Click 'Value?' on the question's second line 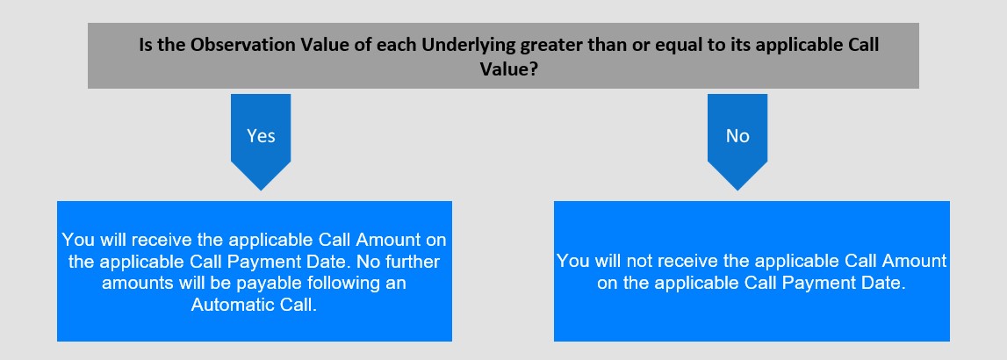tap(508, 68)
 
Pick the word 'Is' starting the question tap(146, 46)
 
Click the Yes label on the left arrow tap(261, 135)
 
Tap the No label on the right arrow tap(737, 135)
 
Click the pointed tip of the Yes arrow tap(261, 191)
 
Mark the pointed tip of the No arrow tap(737, 191)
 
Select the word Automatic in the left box tap(226, 305)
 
